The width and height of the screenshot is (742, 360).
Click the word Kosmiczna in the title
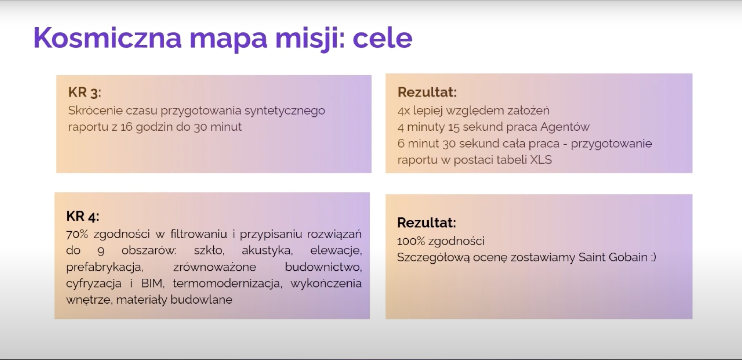click(107, 38)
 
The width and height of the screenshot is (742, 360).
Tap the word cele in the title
click(383, 38)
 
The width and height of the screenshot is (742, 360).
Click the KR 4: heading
click(83, 216)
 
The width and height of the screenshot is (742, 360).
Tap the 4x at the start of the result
click(404, 111)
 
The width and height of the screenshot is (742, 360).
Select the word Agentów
click(565, 127)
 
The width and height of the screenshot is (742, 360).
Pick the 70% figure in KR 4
click(77, 234)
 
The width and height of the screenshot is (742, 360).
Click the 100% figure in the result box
click(411, 241)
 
